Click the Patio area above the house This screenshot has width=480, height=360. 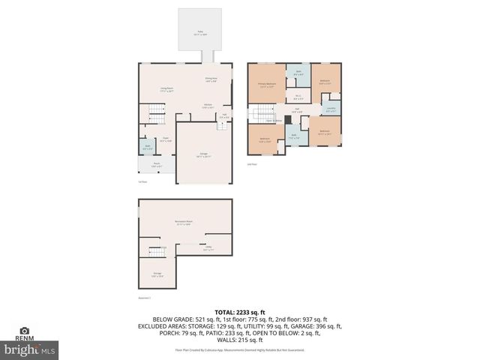[x=199, y=32]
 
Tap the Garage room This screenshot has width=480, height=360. [x=204, y=155]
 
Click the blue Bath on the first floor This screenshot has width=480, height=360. [x=148, y=146]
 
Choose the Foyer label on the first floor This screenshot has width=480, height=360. [x=166, y=139]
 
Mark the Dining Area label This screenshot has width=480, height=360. [x=211, y=79]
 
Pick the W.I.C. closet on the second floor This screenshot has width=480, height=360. [x=298, y=97]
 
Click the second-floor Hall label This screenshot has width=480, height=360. [x=298, y=111]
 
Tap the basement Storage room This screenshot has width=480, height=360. [x=157, y=274]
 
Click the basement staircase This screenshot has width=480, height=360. [x=156, y=250]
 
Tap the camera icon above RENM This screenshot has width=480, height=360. [x=24, y=330]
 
